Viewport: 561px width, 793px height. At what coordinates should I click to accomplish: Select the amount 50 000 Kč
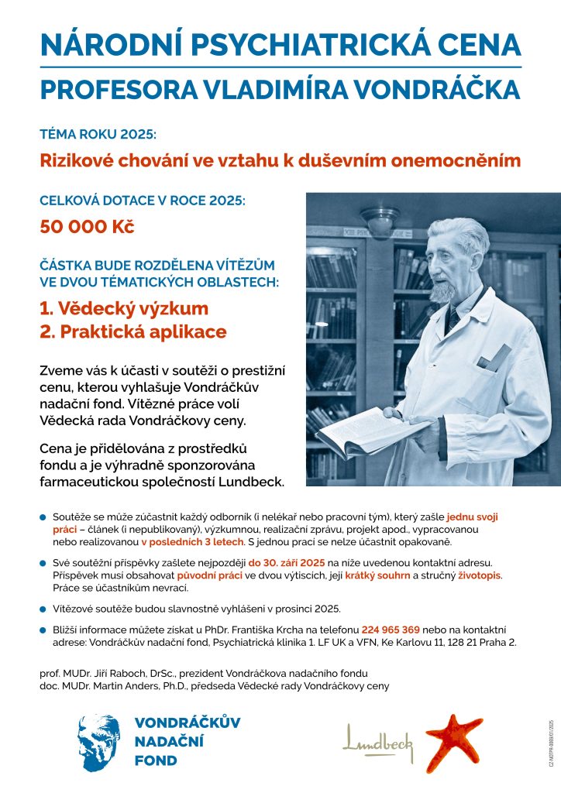[x=87, y=228]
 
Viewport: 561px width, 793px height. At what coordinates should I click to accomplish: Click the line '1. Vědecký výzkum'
[x=124, y=309]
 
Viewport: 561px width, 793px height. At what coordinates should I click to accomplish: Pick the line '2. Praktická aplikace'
[x=133, y=332]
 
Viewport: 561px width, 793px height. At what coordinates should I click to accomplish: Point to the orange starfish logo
[x=454, y=741]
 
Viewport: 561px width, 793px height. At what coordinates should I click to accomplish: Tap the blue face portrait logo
[x=98, y=743]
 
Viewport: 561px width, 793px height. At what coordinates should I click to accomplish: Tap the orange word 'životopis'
[x=477, y=575]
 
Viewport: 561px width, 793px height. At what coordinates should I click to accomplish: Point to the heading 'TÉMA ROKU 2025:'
[x=98, y=134]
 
